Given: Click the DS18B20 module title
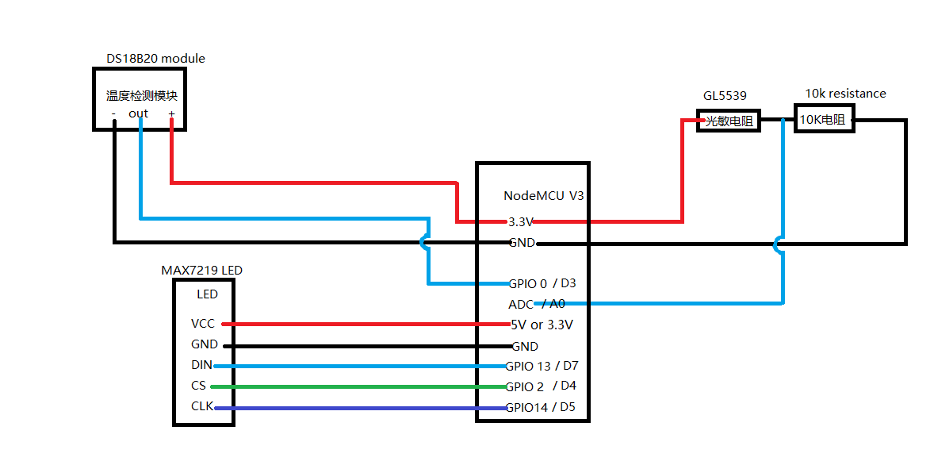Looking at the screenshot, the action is pos(155,59).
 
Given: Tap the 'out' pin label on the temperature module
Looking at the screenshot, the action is pos(138,113).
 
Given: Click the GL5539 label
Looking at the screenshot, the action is pos(725,95).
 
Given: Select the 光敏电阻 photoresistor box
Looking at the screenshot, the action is pos(729,121).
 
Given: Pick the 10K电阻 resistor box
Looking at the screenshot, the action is pos(823,119).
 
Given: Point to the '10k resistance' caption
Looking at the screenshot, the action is pos(845,94).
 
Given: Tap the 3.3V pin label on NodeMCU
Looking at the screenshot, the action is pos(520,221).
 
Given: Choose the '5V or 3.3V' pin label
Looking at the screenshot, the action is pos(542,325).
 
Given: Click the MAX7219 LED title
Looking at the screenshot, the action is pos(202,270).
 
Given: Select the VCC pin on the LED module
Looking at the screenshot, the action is pos(202,324).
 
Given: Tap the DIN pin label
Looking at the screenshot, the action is pos(201,365).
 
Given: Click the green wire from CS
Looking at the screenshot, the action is pos(358,386).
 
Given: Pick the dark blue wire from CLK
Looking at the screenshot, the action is pos(361,408).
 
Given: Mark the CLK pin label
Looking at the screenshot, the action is pos(202,406).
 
